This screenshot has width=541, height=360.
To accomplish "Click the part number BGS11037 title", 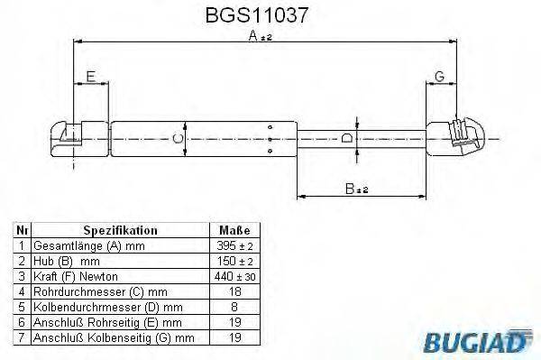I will tap(267, 15).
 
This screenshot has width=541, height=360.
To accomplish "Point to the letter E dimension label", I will tap(89, 76).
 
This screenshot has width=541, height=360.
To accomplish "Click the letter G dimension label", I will tap(438, 76).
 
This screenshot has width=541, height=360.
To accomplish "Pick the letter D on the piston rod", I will tap(347, 138).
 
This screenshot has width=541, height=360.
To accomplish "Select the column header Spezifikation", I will tap(120, 230).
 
